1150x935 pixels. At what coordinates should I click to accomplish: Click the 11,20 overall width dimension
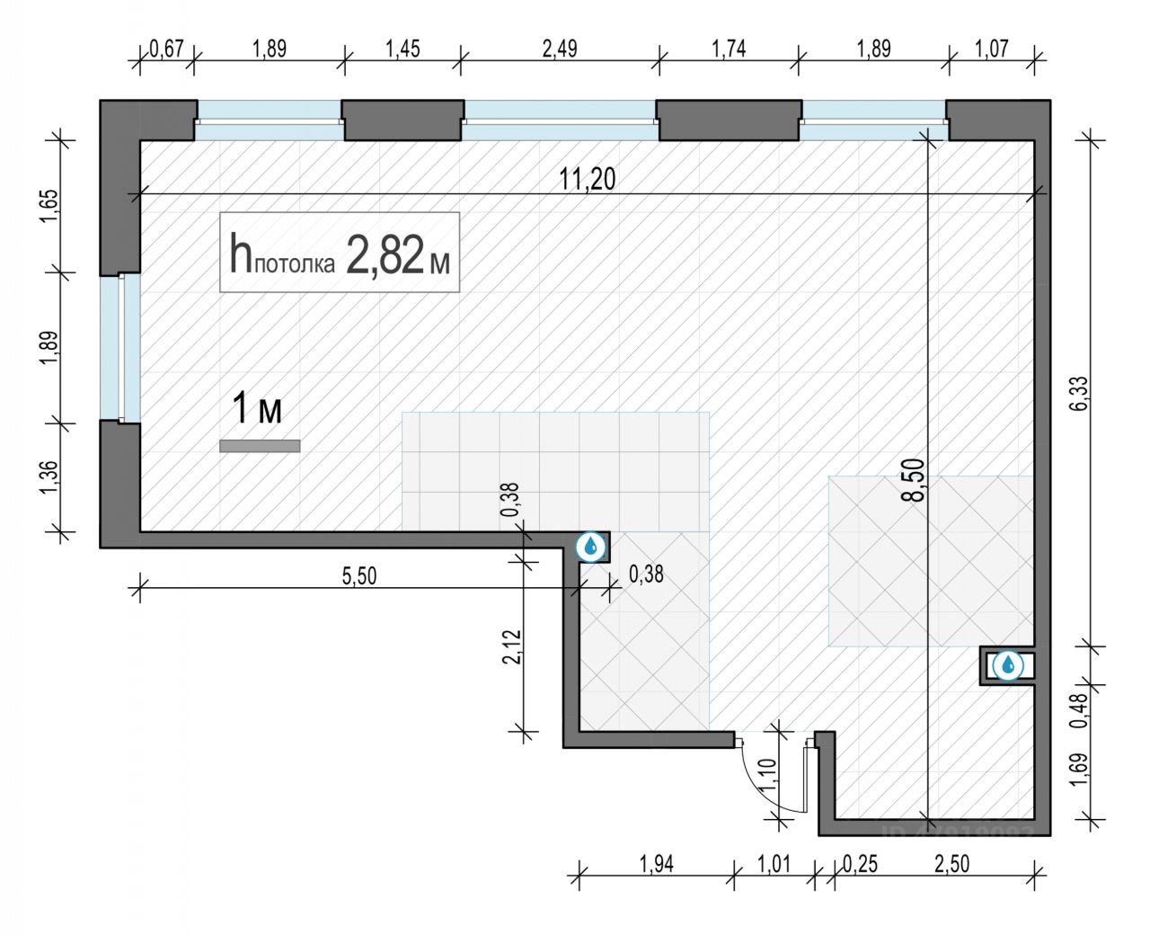pyautogui.click(x=588, y=179)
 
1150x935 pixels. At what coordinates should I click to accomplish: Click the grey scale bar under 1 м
pyautogui.click(x=260, y=445)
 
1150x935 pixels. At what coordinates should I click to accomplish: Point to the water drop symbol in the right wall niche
pyautogui.click(x=1010, y=665)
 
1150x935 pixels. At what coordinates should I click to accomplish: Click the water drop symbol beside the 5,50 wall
pyautogui.click(x=591, y=546)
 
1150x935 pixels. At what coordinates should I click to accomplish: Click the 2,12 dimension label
pyautogui.click(x=511, y=646)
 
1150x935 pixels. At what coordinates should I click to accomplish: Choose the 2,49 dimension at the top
pyautogui.click(x=559, y=49)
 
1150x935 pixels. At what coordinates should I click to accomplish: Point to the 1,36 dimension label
pyautogui.click(x=49, y=476)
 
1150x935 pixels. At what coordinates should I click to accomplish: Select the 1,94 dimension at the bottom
pyautogui.click(x=656, y=864)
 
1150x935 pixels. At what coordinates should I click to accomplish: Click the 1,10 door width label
pyautogui.click(x=766, y=774)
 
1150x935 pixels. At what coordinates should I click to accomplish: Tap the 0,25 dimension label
pyautogui.click(x=861, y=864)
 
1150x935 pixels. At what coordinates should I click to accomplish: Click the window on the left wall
pyautogui.click(x=122, y=347)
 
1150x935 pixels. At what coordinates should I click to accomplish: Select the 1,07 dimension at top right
pyautogui.click(x=992, y=49)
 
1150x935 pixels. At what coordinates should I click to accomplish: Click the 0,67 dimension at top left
pyautogui.click(x=166, y=49)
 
